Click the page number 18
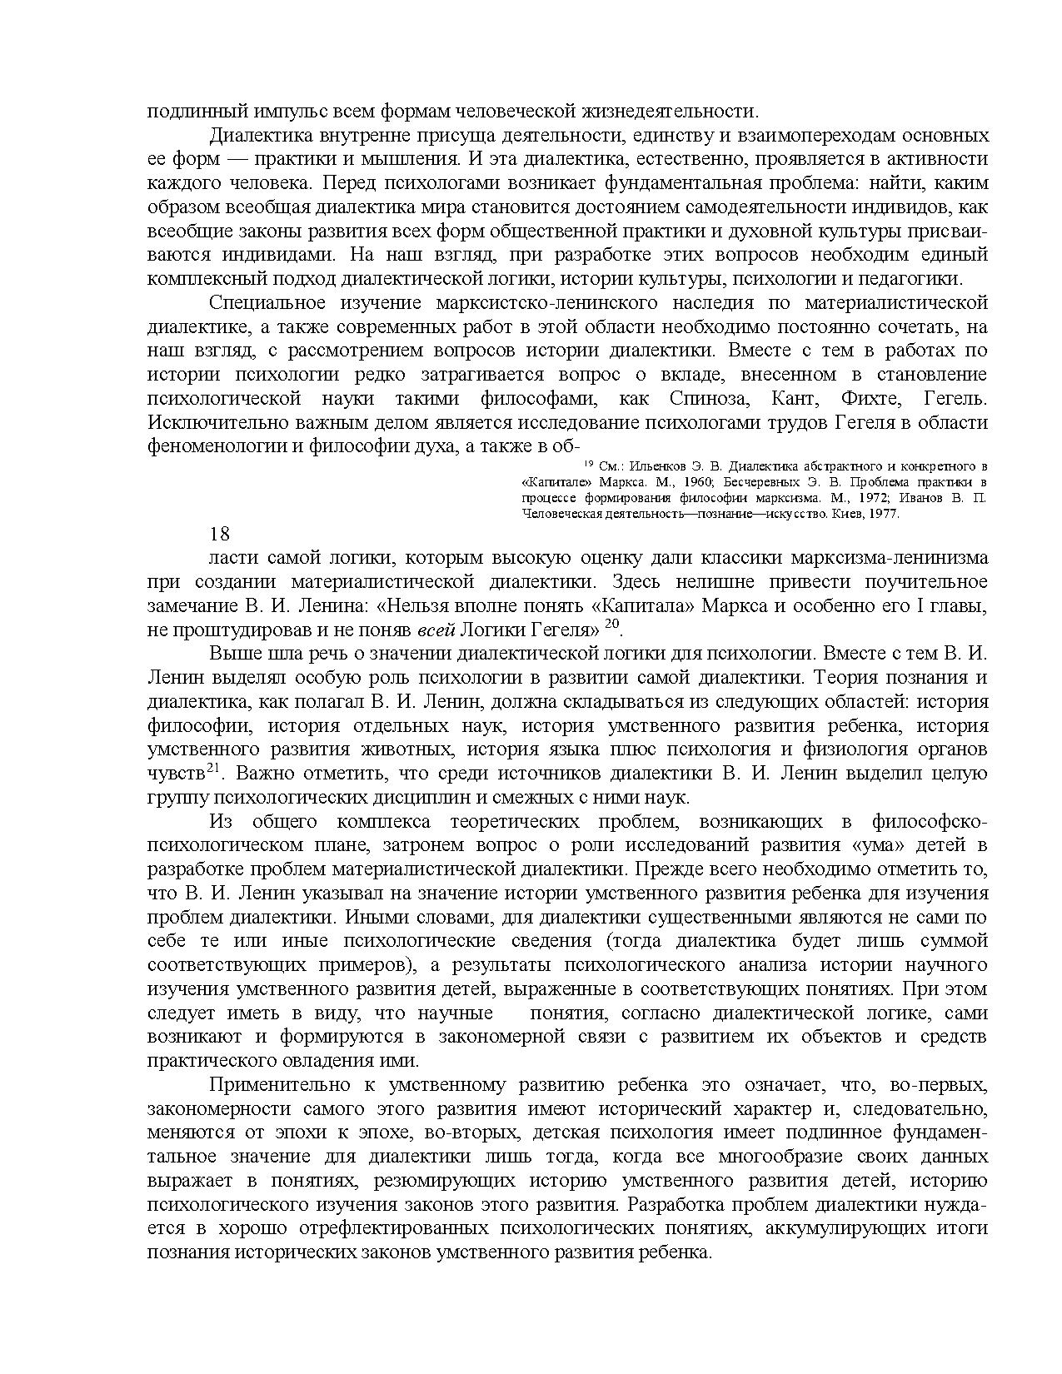pyautogui.click(x=219, y=534)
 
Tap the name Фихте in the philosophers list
pyautogui.click(x=873, y=398)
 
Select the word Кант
pyautogui.click(x=795, y=398)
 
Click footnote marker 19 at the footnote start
pyautogui.click(x=587, y=463)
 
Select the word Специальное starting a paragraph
pyautogui.click(x=262, y=302)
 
